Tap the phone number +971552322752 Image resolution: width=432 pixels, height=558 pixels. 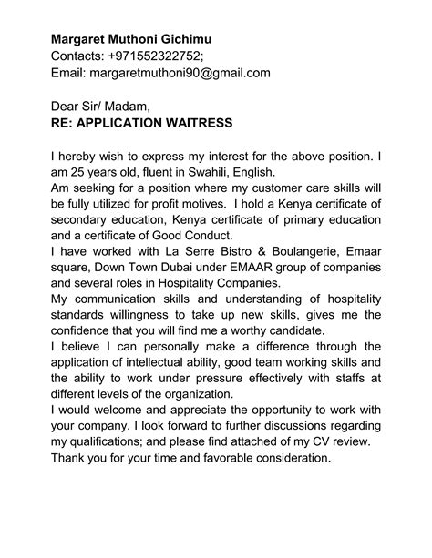[x=160, y=56]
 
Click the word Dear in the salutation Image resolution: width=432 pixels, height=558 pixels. [x=67, y=107]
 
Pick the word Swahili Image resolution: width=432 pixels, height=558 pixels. [x=241, y=172]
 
